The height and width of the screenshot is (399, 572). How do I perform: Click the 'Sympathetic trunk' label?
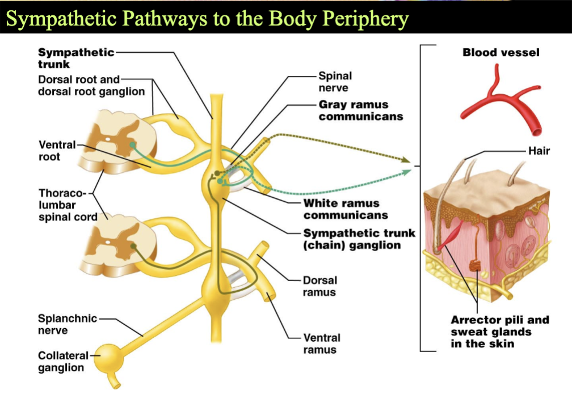[76, 58]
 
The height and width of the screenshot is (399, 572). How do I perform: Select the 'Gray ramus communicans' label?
[361, 111]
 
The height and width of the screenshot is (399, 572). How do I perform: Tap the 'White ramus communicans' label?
[346, 209]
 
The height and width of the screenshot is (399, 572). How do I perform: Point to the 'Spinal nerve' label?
[335, 82]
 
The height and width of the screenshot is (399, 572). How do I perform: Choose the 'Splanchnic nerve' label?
[67, 324]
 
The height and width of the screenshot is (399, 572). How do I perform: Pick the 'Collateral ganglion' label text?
[63, 362]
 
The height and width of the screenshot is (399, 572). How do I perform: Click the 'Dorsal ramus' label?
[320, 286]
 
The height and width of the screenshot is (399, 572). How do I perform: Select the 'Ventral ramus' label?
[321, 343]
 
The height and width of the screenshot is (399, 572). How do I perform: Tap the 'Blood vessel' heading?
[501, 53]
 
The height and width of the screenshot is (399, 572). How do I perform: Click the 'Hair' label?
[539, 151]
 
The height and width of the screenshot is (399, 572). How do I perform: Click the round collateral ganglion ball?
[109, 359]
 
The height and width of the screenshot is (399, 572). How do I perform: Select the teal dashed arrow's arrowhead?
[406, 172]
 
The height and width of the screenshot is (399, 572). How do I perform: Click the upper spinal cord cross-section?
[117, 142]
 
